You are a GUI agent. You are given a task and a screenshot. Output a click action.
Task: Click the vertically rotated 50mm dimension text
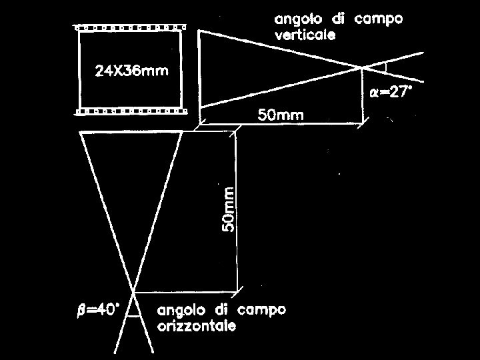(x=228, y=209)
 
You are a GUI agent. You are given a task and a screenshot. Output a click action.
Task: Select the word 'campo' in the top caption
(x=378, y=19)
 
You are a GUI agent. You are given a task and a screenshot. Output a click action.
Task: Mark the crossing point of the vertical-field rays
(x=363, y=67)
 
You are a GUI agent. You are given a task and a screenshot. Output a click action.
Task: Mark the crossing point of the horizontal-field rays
(x=134, y=291)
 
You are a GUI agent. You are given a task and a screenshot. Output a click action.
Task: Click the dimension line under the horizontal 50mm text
(x=281, y=123)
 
